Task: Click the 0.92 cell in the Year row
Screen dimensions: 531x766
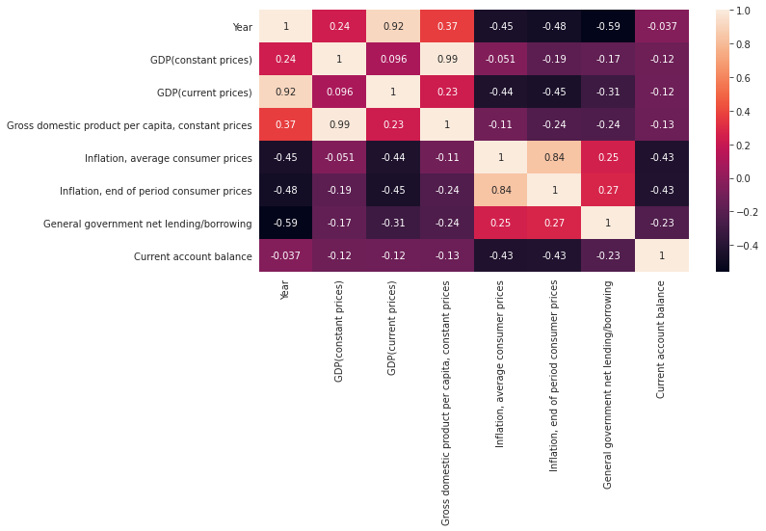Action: click(x=393, y=27)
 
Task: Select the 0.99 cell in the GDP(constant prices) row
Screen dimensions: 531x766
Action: click(x=447, y=60)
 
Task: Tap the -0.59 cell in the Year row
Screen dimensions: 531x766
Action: click(x=608, y=27)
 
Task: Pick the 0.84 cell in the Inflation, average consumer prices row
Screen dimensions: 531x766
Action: click(x=554, y=158)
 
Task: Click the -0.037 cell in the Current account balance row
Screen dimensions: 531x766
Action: click(x=285, y=256)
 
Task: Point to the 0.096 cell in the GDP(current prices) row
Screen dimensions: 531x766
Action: click(x=339, y=93)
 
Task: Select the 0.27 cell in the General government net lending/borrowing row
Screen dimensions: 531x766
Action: click(x=554, y=224)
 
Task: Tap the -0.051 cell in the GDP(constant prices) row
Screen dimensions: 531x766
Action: click(x=501, y=60)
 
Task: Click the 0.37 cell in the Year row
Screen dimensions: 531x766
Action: click(x=447, y=27)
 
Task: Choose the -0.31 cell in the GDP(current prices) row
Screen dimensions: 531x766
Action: click(x=608, y=93)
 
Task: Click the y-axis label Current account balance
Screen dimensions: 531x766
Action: click(x=204, y=256)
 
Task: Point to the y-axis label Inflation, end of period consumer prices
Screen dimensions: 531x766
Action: click(x=157, y=191)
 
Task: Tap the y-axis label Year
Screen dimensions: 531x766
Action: click(x=242, y=27)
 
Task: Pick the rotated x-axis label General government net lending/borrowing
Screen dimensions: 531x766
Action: click(x=608, y=385)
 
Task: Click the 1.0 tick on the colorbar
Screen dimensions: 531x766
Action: click(x=743, y=11)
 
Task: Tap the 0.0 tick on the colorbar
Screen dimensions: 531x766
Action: click(x=743, y=178)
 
